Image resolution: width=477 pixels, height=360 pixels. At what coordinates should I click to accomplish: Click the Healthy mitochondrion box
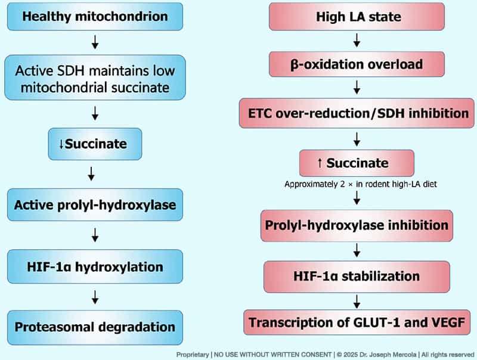point(95,17)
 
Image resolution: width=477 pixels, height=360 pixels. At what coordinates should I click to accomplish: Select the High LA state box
point(357,17)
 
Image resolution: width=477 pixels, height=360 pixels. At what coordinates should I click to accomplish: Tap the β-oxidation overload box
point(357,64)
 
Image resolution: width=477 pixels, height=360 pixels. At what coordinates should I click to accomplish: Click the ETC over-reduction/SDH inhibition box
point(357,113)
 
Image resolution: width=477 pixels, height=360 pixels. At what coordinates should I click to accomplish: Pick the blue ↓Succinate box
point(95,144)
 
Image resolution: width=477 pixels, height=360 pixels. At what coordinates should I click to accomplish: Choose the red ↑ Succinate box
point(357,163)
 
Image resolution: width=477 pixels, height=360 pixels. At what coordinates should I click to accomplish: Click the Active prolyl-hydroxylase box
point(95,204)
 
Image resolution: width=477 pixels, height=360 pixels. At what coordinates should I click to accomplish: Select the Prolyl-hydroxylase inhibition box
point(357,225)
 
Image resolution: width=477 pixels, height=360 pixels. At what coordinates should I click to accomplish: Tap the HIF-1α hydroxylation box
point(95,266)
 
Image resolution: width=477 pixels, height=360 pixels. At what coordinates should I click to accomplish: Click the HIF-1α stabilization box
point(357,277)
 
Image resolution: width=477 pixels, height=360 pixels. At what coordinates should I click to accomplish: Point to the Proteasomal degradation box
point(95,327)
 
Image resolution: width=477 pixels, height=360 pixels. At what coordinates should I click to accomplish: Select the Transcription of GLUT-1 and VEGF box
point(357,322)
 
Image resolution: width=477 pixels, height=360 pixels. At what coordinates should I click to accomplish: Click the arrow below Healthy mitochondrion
point(95,42)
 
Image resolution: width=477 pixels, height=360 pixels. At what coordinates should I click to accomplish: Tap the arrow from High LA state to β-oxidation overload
point(357,41)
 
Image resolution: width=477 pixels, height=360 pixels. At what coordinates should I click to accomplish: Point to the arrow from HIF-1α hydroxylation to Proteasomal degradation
point(95,297)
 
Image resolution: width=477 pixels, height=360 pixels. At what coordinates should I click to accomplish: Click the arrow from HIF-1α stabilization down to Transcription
point(357,302)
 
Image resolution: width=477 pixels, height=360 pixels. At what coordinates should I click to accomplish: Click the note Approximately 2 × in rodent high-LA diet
point(361,184)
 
